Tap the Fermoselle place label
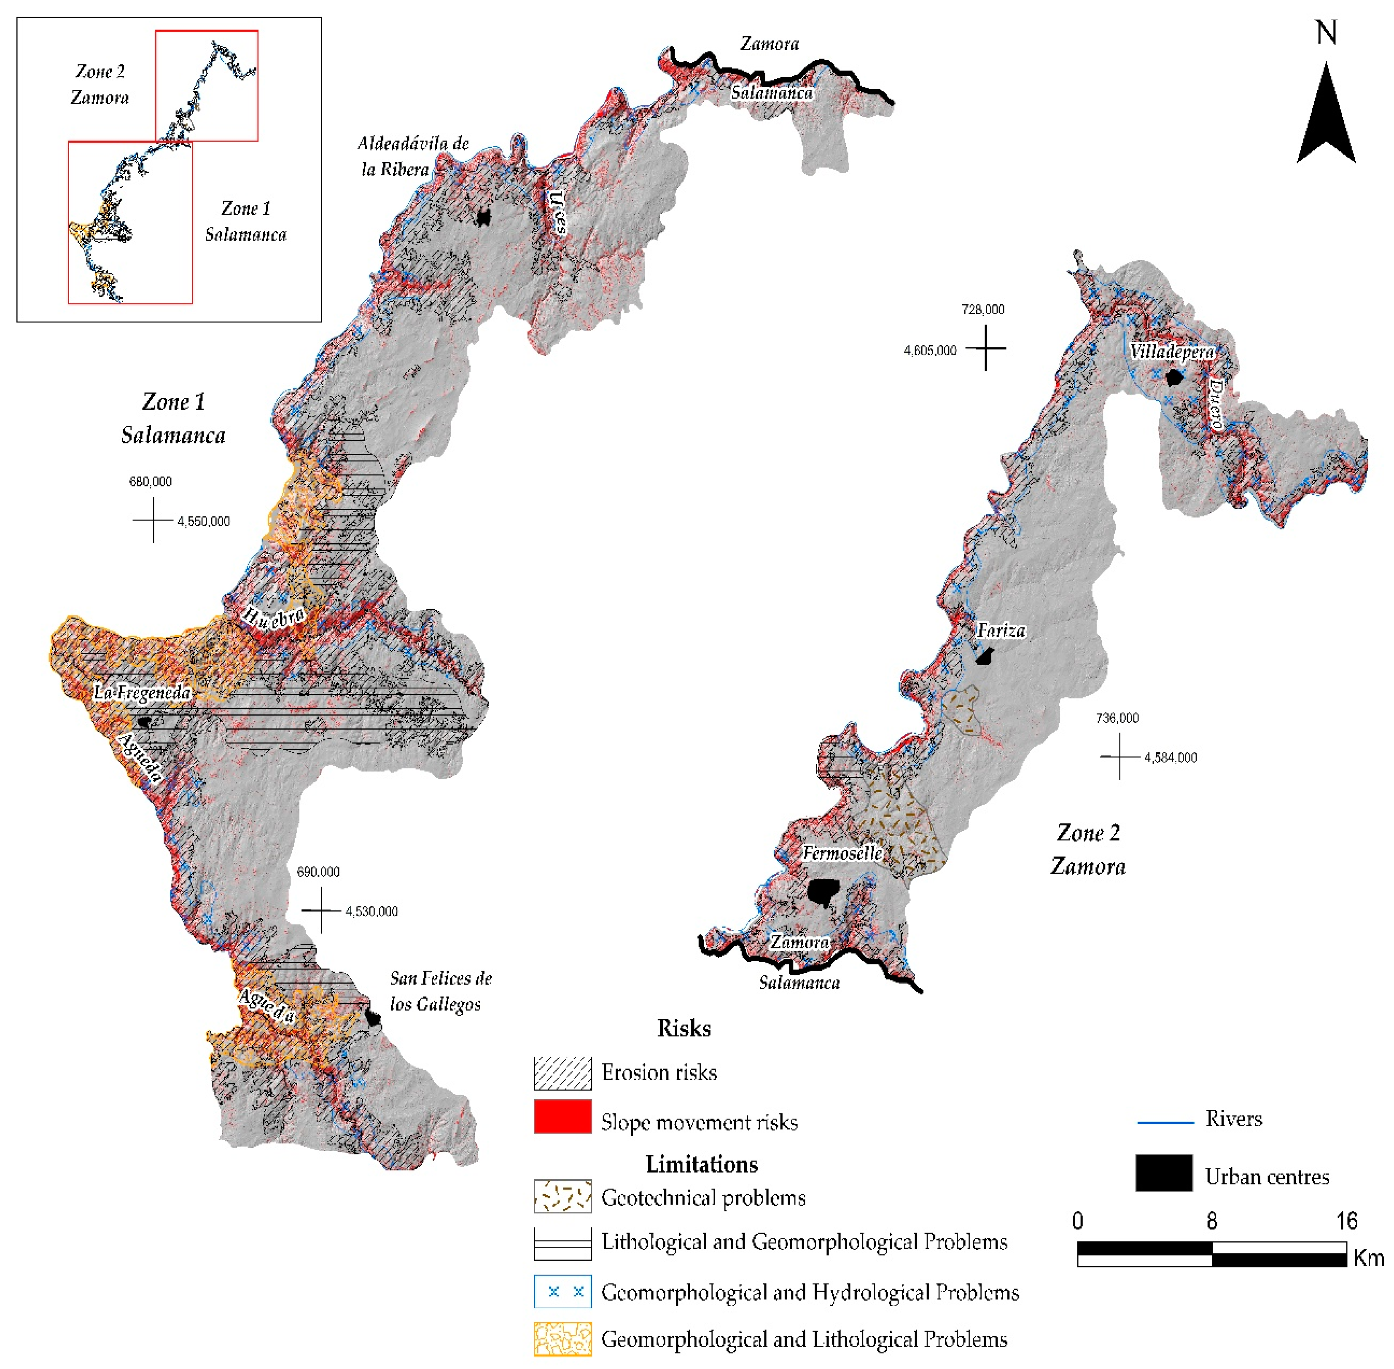click(x=842, y=854)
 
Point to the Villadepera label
click(x=1172, y=352)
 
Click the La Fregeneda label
click(x=142, y=693)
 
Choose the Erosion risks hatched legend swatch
click(x=562, y=1073)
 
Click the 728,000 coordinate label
click(x=982, y=310)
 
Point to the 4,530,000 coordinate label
click(x=371, y=912)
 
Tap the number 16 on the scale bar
click(x=1346, y=1221)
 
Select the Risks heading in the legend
click(x=684, y=1028)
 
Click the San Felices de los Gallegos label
click(x=440, y=991)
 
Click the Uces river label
click(x=557, y=212)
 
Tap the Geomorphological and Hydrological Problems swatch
click(x=562, y=1292)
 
